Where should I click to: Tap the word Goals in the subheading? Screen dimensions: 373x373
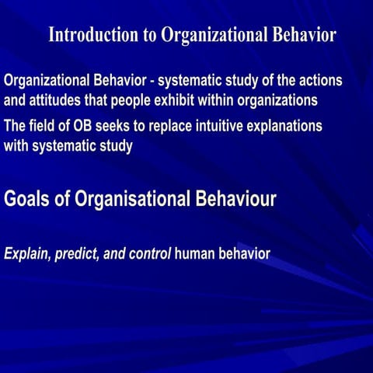coord(28,199)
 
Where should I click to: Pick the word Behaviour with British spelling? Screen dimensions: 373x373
coord(235,199)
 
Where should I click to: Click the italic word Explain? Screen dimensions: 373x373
coord(27,254)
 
